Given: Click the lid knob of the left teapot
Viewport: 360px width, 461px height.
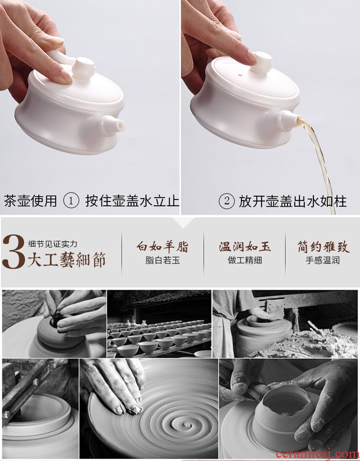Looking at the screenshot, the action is [x=83, y=68].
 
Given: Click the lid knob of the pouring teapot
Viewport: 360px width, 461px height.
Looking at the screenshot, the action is [x=262, y=62].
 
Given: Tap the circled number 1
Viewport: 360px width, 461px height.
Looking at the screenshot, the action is [x=71, y=201].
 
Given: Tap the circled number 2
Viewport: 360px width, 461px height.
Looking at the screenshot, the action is [x=226, y=201].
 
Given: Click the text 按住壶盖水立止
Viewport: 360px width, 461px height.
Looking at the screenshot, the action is [x=132, y=201].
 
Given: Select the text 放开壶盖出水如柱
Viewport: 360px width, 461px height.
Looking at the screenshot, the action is [x=293, y=202].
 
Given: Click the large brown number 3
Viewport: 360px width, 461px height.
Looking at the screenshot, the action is [x=14, y=252].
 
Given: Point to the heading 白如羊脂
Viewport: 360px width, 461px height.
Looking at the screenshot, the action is [x=162, y=246].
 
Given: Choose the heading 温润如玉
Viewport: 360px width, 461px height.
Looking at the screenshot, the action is [x=245, y=246].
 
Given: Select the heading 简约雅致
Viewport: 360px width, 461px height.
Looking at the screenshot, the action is [x=323, y=247].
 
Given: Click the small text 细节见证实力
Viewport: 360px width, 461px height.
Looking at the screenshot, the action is [x=52, y=244].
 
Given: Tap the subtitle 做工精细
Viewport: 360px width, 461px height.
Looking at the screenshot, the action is [x=245, y=260].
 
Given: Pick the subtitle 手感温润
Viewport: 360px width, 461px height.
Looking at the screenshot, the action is [x=322, y=260].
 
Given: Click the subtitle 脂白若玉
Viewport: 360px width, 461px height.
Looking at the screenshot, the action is [x=162, y=260].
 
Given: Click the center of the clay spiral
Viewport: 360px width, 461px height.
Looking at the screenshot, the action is [x=186, y=425].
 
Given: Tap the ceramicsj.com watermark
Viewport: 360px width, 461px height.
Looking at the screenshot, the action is [x=317, y=454].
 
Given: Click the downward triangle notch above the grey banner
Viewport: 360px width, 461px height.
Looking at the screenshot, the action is [x=183, y=223].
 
